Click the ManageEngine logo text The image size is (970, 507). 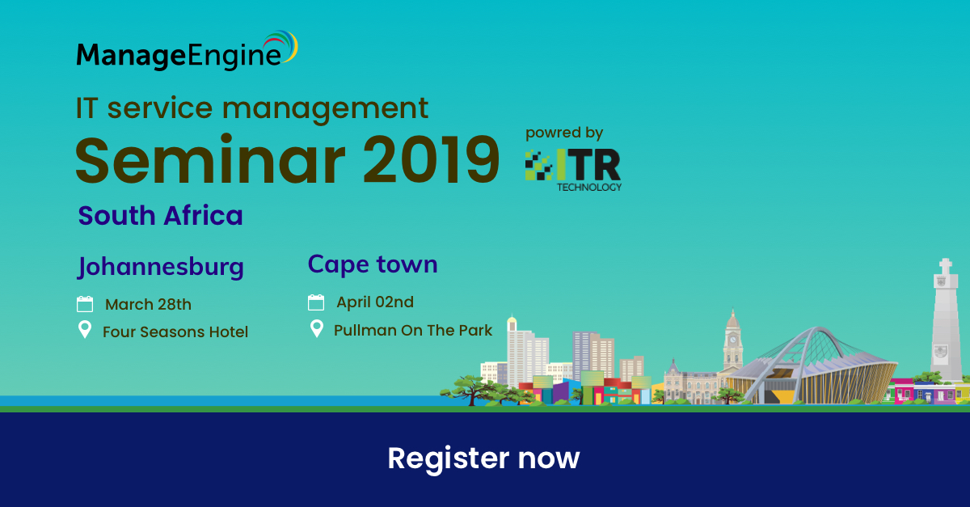(x=179, y=56)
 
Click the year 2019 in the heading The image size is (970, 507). (x=432, y=159)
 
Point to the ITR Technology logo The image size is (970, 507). (x=573, y=170)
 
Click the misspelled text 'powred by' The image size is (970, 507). (x=564, y=133)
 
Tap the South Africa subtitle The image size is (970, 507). (x=160, y=215)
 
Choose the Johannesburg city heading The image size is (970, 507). (x=161, y=267)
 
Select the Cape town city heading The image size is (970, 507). (x=373, y=264)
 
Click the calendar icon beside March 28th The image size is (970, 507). (x=85, y=304)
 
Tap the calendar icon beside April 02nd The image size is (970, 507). (x=316, y=302)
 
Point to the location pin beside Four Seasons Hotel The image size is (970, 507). (x=85, y=329)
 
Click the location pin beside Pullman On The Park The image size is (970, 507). (x=317, y=328)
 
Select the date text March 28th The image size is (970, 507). (x=148, y=305)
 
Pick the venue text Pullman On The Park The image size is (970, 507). (x=413, y=330)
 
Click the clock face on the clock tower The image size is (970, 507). (x=732, y=340)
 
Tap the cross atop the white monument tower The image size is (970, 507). (x=945, y=266)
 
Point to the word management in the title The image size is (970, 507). (x=325, y=108)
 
